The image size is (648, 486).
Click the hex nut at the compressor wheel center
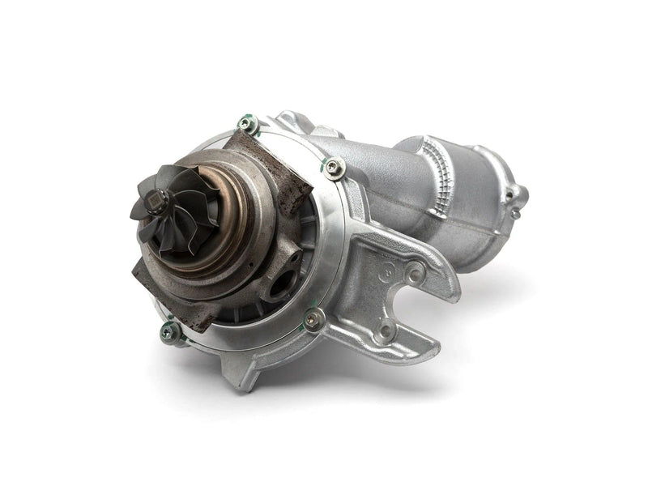160,198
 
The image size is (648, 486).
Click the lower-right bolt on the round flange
313,318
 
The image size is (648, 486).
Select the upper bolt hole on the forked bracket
415,275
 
